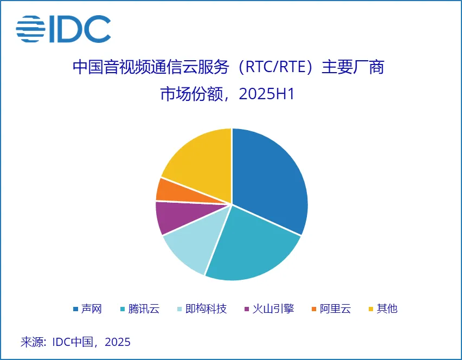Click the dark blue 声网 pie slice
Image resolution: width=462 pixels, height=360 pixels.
[x=271, y=179]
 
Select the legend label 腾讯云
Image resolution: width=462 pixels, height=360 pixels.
[x=144, y=309]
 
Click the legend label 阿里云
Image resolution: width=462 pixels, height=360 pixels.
[x=335, y=309]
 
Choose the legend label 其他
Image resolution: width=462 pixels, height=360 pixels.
[x=387, y=309]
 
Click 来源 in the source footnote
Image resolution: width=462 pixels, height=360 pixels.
[x=32, y=342]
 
